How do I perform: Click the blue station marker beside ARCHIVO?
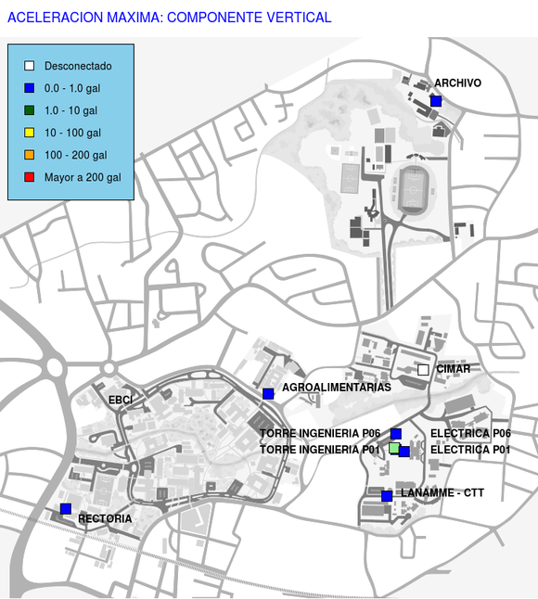pyautogui.click(x=436, y=101)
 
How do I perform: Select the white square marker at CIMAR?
pyautogui.click(x=423, y=370)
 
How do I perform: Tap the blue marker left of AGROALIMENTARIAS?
pyautogui.click(x=268, y=394)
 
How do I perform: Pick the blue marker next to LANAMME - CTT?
pyautogui.click(x=387, y=496)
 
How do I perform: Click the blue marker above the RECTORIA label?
pyautogui.click(x=66, y=509)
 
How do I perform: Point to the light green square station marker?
pyautogui.click(x=394, y=448)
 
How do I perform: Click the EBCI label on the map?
pyautogui.click(x=121, y=400)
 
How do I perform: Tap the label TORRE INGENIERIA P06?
pyautogui.click(x=320, y=433)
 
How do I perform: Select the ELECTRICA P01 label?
pyautogui.click(x=470, y=450)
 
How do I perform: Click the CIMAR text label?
pyautogui.click(x=454, y=369)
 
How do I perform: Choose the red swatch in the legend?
pyautogui.click(x=30, y=177)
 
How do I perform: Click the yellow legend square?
pyautogui.click(x=30, y=133)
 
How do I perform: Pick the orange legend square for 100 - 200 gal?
pyautogui.click(x=30, y=155)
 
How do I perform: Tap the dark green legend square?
pyautogui.click(x=30, y=110)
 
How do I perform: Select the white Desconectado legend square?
pyautogui.click(x=30, y=66)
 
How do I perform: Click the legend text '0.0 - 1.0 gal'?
pyautogui.click(x=72, y=88)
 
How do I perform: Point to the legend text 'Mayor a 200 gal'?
pyautogui.click(x=83, y=177)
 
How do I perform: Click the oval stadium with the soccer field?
pyautogui.click(x=413, y=190)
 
